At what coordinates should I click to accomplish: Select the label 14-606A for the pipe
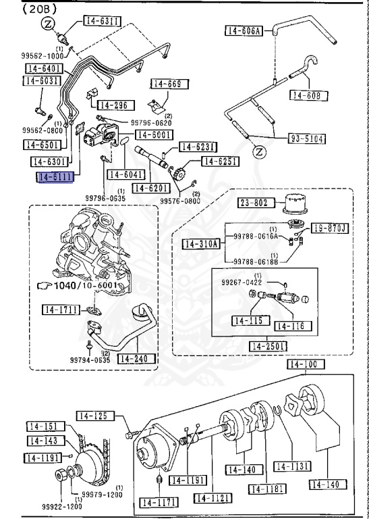(x=244, y=30)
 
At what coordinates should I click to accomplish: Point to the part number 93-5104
(x=307, y=139)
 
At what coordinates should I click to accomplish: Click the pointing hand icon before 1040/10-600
(x=44, y=286)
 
